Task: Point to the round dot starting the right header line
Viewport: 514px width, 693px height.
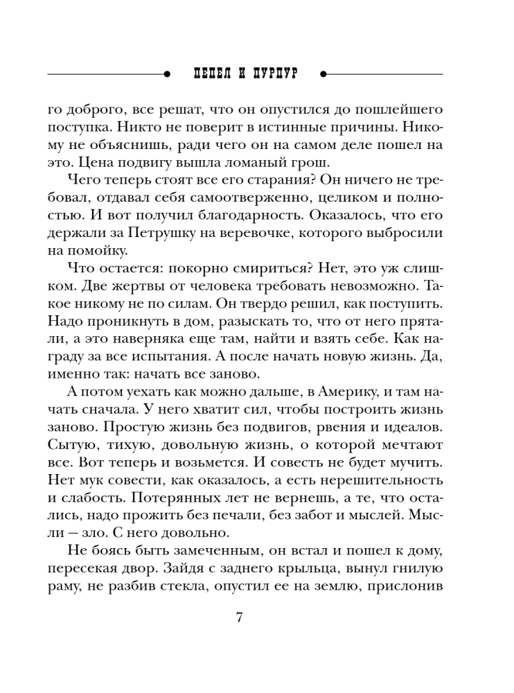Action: pyautogui.click(x=325, y=73)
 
